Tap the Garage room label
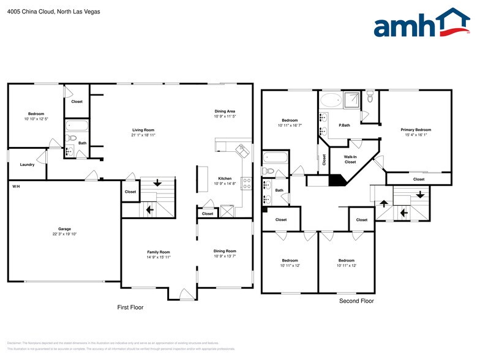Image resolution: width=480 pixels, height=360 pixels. [x=64, y=228]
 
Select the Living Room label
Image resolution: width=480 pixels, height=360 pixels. [x=143, y=130]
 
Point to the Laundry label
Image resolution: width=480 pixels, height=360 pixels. [x=26, y=164]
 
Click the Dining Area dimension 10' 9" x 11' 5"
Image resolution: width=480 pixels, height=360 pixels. [x=225, y=116]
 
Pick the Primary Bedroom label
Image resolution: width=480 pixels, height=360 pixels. [x=416, y=130]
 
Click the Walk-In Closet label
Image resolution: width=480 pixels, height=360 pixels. [x=350, y=160]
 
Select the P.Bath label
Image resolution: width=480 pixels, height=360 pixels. [x=344, y=125]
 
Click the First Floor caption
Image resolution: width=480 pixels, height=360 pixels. [x=130, y=307]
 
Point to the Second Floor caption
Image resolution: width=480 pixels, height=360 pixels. [x=356, y=301]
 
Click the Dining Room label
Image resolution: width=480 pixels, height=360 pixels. [x=225, y=251]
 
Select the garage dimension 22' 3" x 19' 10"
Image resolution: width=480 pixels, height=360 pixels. [x=64, y=234]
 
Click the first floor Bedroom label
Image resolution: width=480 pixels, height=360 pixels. [x=36, y=114]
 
